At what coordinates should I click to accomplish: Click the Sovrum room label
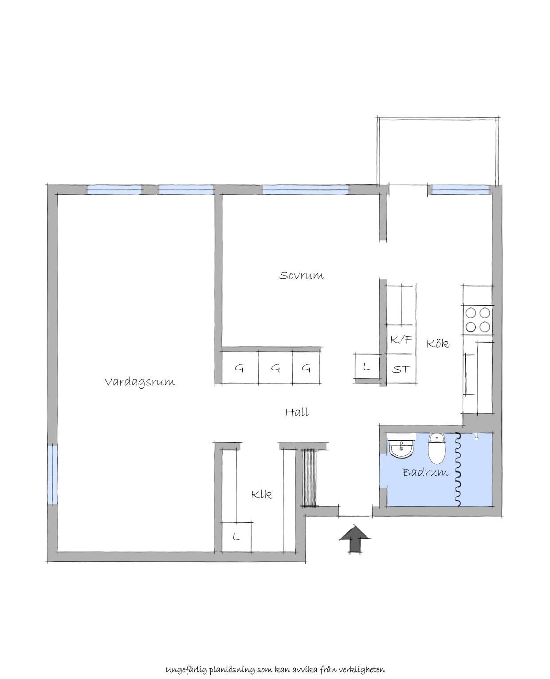click(x=301, y=275)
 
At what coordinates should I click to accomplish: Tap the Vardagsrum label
click(x=140, y=382)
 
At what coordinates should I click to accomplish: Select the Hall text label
click(x=297, y=412)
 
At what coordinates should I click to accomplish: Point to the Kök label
click(x=437, y=343)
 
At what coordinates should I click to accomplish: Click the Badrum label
click(x=425, y=472)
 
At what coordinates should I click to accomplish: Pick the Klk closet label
click(x=262, y=494)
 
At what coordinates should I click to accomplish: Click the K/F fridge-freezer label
click(x=401, y=340)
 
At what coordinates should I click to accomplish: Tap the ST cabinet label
click(x=401, y=370)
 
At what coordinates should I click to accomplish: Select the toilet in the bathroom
click(x=436, y=449)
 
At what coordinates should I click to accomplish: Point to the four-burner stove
click(x=477, y=320)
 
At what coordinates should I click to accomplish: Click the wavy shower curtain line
click(x=458, y=469)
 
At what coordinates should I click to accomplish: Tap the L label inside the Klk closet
click(x=236, y=537)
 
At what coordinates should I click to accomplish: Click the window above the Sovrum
click(x=306, y=189)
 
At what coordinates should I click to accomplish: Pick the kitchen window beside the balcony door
click(x=460, y=189)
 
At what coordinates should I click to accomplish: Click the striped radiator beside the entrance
click(x=310, y=478)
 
